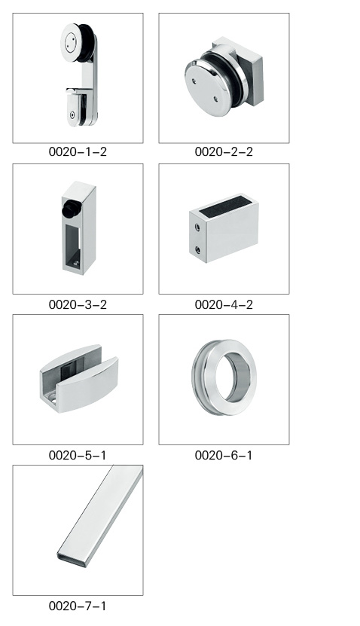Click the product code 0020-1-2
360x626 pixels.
pos(78,151)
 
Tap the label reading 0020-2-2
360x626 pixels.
pos(224,151)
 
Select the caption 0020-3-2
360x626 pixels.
pos(78,304)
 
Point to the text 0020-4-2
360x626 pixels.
pos(224,304)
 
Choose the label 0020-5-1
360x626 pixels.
pos(78,455)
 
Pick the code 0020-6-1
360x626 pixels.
pos(224,455)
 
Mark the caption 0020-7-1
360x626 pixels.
pos(78,606)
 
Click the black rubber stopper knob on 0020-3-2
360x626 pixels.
pos(72,209)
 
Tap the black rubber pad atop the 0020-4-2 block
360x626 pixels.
pos(225,203)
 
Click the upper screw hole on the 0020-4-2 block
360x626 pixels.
pos(197,227)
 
